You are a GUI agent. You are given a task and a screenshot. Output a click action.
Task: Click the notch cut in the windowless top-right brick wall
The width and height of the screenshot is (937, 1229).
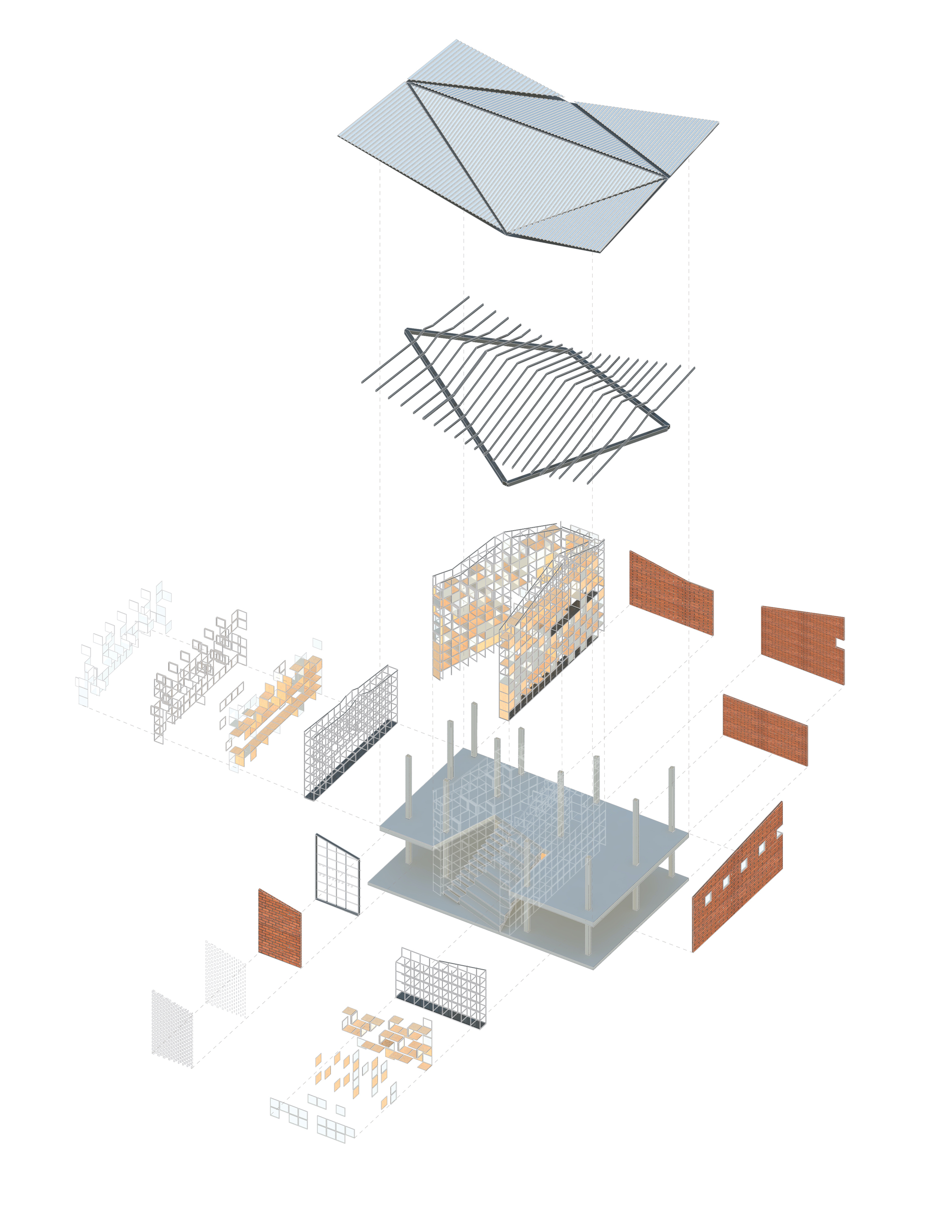840,644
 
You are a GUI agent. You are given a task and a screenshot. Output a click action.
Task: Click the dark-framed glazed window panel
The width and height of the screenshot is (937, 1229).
337,874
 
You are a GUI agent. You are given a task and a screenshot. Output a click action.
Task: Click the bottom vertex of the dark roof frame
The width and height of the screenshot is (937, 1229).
506,484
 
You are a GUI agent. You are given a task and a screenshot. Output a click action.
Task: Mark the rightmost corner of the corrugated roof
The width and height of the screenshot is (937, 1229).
718,122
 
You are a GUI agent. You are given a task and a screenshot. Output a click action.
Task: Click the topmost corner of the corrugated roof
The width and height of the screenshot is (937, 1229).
457,40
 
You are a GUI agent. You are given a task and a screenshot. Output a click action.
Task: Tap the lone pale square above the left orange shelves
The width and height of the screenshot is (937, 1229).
317,644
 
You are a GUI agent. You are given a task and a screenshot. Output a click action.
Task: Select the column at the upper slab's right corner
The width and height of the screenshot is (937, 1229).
671,798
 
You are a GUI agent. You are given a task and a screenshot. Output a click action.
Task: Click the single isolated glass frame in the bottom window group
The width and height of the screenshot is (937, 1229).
340,1110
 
